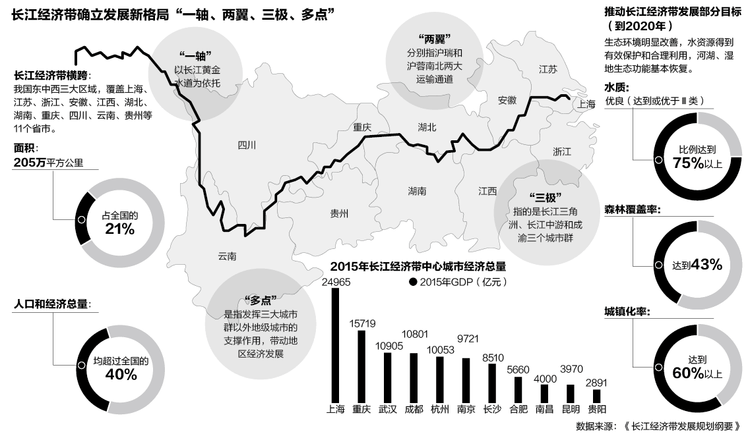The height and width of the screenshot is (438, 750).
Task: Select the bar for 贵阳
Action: (597, 396)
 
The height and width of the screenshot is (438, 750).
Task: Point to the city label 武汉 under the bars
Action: (388, 409)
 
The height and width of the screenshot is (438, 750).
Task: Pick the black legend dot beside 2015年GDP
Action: (414, 282)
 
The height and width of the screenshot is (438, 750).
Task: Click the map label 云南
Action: (227, 256)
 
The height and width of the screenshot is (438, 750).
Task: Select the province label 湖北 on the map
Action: (427, 127)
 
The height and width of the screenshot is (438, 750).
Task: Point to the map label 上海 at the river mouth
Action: (586, 103)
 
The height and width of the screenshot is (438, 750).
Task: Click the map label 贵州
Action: (339, 213)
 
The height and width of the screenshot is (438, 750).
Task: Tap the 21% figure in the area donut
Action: (120, 229)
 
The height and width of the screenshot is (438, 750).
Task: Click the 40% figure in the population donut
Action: (121, 375)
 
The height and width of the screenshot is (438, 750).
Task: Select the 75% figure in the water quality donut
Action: (687, 163)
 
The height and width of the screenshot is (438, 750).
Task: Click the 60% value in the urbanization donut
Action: (687, 373)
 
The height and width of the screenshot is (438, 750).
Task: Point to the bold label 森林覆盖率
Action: (633, 209)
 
